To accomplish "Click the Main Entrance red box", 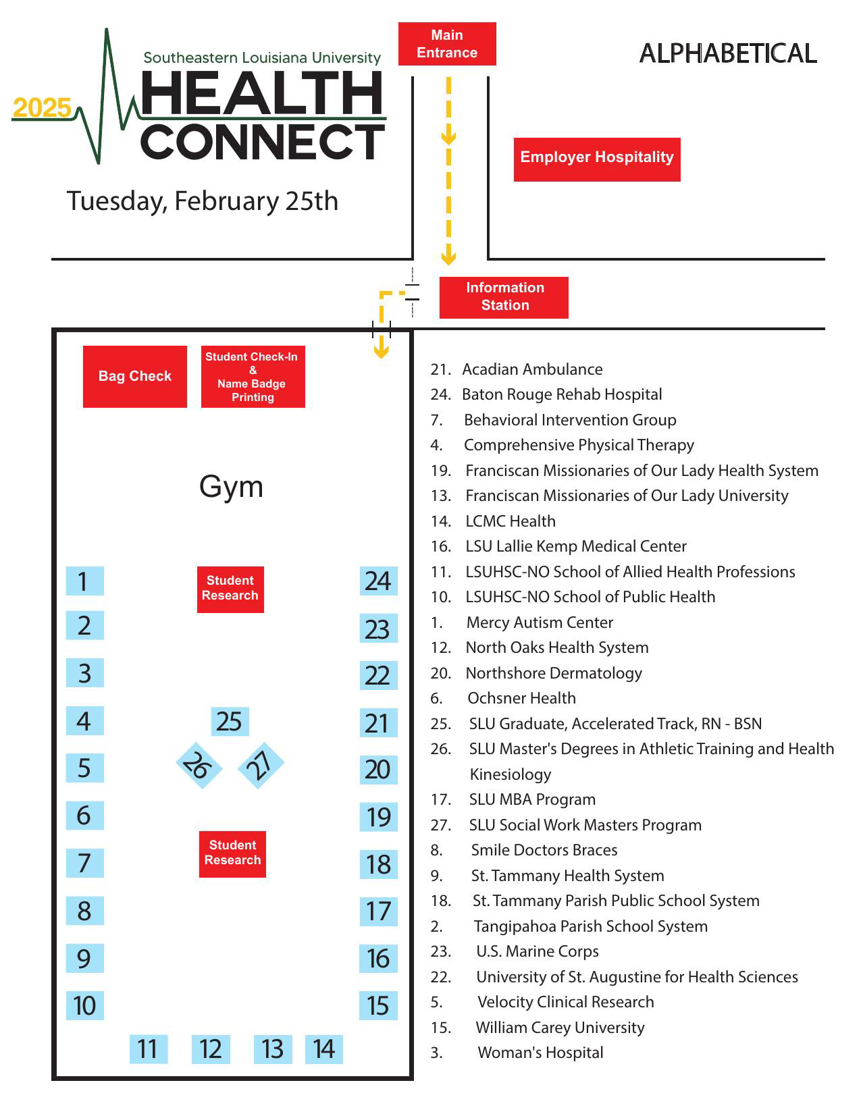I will [x=447, y=44].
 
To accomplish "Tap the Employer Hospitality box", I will [x=597, y=159].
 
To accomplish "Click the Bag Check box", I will [x=135, y=377].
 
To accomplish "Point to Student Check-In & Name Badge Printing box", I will [x=253, y=377].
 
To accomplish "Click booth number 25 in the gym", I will [x=230, y=722].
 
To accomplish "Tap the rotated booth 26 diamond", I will [x=199, y=766].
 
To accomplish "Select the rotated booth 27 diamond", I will [x=261, y=764].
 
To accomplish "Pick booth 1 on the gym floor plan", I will [x=84, y=581].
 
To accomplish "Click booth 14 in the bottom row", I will [x=324, y=1049].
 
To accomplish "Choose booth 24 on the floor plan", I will [x=378, y=581].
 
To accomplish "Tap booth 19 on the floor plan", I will [x=378, y=818].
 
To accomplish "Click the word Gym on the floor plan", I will [x=231, y=487].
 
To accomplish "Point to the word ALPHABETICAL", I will [x=728, y=53].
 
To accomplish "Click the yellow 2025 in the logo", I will [x=42, y=108].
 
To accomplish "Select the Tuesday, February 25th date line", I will [x=202, y=201].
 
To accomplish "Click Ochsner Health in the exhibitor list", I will [x=521, y=698].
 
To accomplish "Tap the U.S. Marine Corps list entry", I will [x=537, y=951].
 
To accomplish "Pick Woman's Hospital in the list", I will [x=540, y=1053].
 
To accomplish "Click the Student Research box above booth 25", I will [x=230, y=589].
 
